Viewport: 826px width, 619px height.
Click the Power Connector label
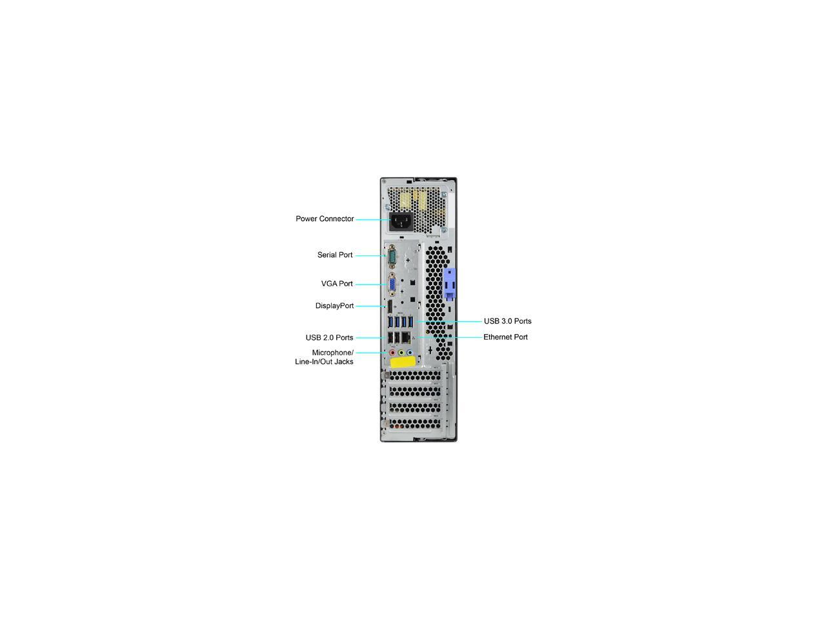pos(325,219)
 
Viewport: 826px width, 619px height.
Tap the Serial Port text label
pos(335,255)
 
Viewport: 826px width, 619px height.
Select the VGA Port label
pos(337,284)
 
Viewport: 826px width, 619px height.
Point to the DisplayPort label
pos(334,306)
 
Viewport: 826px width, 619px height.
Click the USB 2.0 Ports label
pos(329,338)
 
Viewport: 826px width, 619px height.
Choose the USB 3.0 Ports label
pos(508,321)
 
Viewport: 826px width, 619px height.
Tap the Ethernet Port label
pos(505,337)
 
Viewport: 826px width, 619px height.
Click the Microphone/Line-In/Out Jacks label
pos(325,357)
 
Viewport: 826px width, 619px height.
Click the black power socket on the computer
pos(401,224)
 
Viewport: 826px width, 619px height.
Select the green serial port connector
pos(391,257)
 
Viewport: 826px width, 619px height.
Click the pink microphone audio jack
pos(392,353)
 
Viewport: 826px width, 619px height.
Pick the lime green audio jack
pos(401,353)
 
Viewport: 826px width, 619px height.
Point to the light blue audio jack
pos(410,353)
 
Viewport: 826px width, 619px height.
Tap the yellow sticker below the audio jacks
pos(403,362)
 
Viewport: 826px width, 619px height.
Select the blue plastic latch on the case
pos(449,284)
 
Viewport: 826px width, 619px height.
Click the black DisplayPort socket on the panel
pos(390,306)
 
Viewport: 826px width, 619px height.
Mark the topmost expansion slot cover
pos(416,375)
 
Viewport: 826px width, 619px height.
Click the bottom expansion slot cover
pos(416,424)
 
